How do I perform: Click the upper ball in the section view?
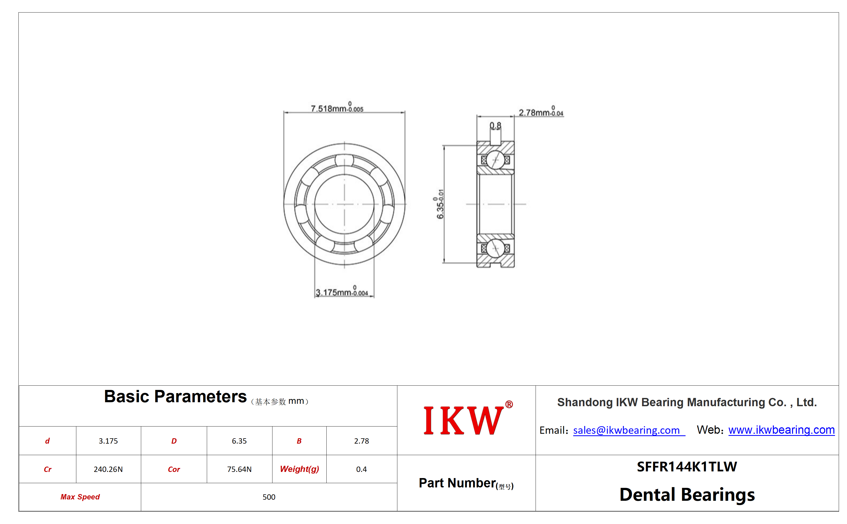point(495,160)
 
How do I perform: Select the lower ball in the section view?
point(495,248)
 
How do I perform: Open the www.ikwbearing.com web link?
point(781,430)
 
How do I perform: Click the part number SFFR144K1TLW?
point(687,467)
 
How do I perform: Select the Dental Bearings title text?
point(687,495)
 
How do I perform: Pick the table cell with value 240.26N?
point(108,469)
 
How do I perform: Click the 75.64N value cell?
point(239,469)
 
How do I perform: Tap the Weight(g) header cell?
point(299,469)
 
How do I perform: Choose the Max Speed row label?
point(80,496)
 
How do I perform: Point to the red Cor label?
point(174,469)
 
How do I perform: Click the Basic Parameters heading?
point(175,396)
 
